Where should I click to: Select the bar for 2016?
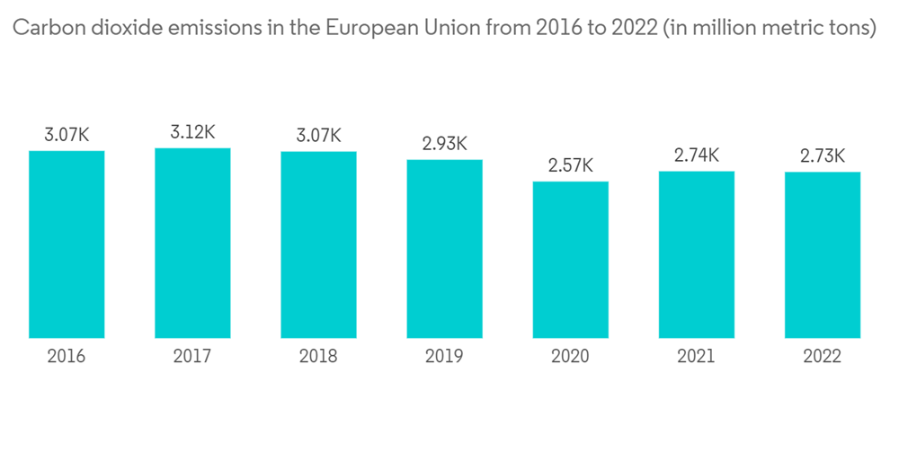click(67, 244)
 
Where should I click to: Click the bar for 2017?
click(192, 243)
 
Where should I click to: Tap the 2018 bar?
click(318, 244)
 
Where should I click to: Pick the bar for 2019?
click(444, 249)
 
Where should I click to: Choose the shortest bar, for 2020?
click(570, 260)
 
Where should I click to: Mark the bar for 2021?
click(697, 254)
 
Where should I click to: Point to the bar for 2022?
click(823, 255)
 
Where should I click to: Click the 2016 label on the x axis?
click(67, 357)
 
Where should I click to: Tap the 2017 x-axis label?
click(192, 357)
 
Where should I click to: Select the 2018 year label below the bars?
click(318, 357)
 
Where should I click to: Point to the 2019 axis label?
click(444, 357)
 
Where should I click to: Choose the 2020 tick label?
click(570, 357)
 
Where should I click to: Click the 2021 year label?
click(697, 357)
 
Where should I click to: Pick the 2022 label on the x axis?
click(823, 357)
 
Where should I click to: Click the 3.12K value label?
click(192, 132)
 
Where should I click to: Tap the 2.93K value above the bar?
click(444, 144)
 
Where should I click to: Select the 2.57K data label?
click(570, 165)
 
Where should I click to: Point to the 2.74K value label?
click(697, 155)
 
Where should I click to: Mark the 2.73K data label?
click(823, 156)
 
